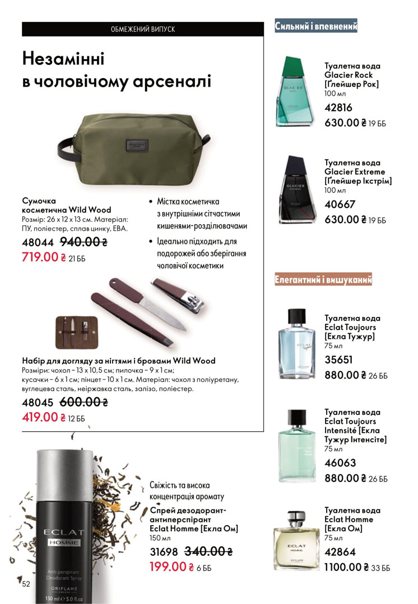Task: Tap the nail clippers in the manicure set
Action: click(x=179, y=295)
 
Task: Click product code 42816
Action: click(x=338, y=108)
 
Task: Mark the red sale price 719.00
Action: click(x=40, y=257)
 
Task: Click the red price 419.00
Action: click(x=40, y=417)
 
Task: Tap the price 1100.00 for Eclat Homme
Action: click(x=343, y=567)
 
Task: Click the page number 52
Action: click(x=26, y=584)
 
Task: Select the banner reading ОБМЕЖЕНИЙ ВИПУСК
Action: click(x=143, y=29)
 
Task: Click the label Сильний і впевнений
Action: click(x=316, y=26)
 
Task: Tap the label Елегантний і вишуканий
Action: click(x=323, y=280)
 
